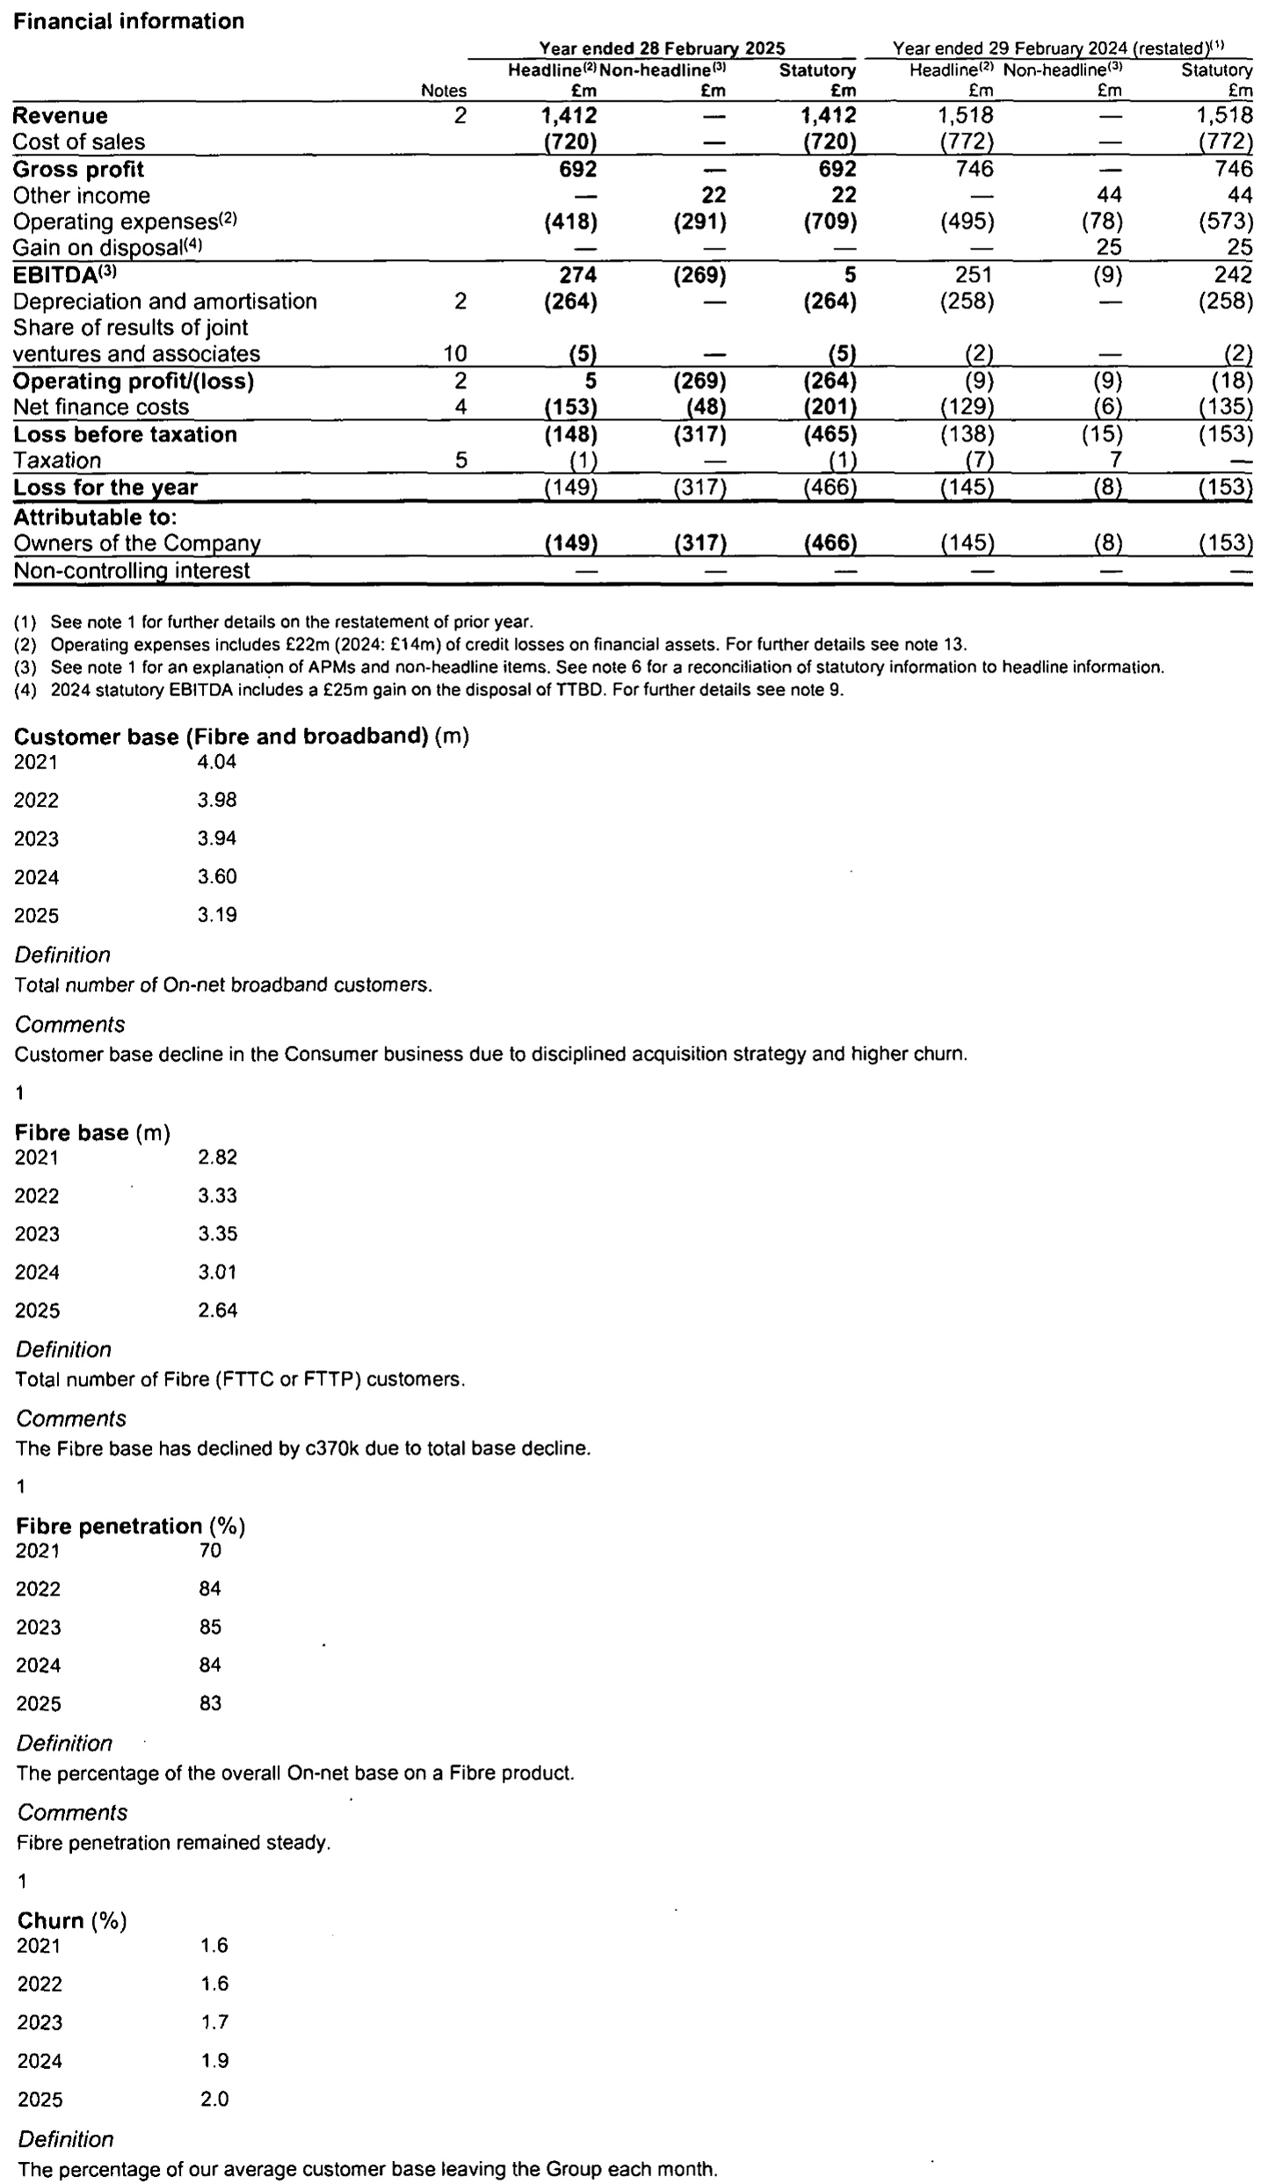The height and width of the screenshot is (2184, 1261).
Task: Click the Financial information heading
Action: click(129, 21)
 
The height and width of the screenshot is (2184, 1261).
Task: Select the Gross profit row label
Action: click(78, 170)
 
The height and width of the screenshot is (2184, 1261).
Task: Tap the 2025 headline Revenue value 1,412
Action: click(569, 116)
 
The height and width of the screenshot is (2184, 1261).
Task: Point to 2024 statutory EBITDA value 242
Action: click(1233, 275)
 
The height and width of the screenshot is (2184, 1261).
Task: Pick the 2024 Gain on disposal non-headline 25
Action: click(1108, 249)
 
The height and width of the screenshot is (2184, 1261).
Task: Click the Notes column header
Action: click(444, 91)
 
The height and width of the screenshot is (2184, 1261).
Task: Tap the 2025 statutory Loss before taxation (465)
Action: click(830, 434)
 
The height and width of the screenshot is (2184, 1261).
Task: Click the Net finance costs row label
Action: click(101, 408)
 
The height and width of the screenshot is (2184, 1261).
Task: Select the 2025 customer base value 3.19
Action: click(217, 915)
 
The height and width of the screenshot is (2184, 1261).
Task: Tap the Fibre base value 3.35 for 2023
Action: click(217, 1234)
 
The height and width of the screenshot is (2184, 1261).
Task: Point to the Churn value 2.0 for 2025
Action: click(214, 2099)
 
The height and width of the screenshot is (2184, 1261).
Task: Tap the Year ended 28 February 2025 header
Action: click(661, 48)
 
